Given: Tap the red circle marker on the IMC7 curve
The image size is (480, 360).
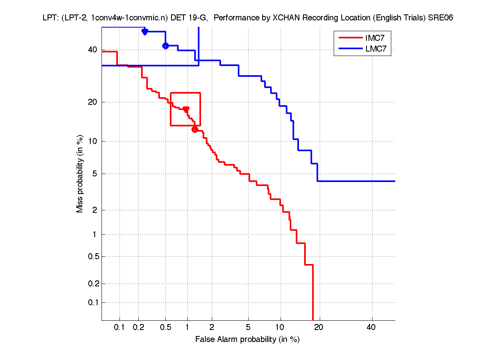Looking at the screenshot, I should [195, 129].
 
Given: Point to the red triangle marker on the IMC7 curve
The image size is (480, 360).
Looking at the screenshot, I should [186, 109].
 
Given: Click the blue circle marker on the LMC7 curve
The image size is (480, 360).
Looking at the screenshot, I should [165, 46].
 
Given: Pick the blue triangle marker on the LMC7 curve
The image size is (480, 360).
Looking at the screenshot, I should [145, 32].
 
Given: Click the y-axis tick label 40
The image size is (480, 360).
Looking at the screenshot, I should [93, 50].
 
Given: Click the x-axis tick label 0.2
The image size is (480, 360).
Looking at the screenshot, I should [138, 328].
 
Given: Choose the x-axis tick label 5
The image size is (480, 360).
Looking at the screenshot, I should [248, 328].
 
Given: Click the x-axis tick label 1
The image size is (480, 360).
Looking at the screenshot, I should [187, 328].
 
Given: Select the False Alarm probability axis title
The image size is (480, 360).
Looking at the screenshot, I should [247, 340].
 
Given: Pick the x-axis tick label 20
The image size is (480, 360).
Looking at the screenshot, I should [318, 328].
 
